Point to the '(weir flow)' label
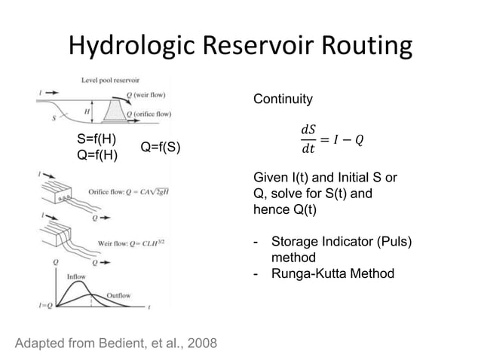(150, 95)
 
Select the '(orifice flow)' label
(152, 114)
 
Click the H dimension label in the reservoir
(88, 111)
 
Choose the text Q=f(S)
(161, 147)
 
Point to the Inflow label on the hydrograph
(76, 276)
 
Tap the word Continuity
(282, 99)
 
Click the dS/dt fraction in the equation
(308, 139)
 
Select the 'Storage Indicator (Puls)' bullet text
(342, 242)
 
